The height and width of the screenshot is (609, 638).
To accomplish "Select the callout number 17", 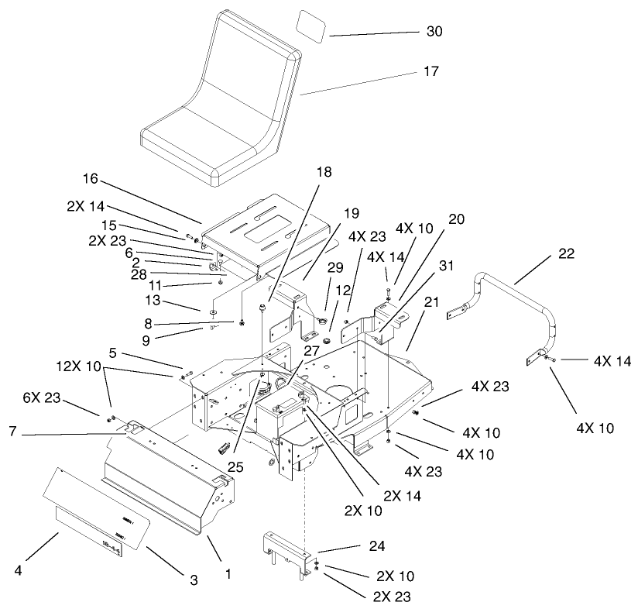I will click(x=432, y=71).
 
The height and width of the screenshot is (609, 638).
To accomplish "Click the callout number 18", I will click(x=323, y=171).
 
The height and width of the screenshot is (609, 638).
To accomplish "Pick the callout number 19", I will click(x=352, y=212).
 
